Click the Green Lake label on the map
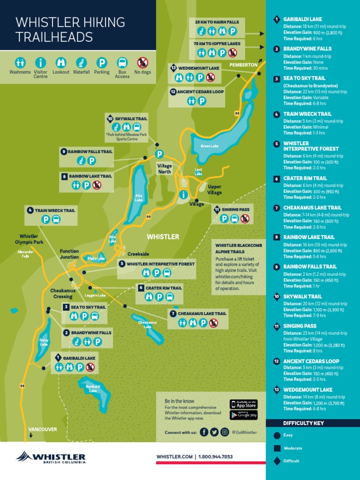click(x=210, y=146)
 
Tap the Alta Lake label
click(x=139, y=197)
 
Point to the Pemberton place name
click(x=243, y=64)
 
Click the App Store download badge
click(x=243, y=404)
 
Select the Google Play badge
click(x=243, y=415)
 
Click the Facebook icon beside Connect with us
click(x=204, y=432)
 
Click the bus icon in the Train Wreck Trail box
click(x=56, y=219)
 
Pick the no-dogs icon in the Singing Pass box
click(x=245, y=218)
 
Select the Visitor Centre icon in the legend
click(x=41, y=62)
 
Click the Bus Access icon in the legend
click(x=122, y=62)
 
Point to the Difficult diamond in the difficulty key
click(x=277, y=461)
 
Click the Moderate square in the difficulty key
click(x=277, y=448)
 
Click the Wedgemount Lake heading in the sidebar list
click(x=307, y=390)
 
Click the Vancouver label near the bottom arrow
click(x=43, y=429)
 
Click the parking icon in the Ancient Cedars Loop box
click(x=202, y=101)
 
